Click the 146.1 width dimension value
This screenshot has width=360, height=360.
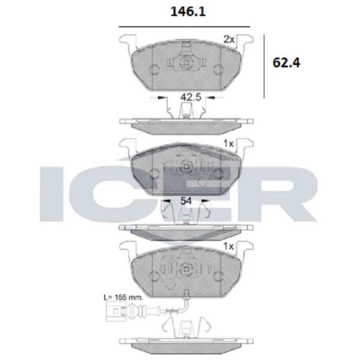(185, 11)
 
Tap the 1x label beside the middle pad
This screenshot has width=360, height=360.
(228, 145)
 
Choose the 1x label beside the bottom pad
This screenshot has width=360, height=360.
(228, 246)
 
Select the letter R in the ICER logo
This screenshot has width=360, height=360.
(287, 190)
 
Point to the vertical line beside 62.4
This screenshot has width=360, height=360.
(265, 66)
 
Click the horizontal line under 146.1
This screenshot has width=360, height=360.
(185, 26)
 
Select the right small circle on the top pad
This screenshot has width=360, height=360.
(218, 68)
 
